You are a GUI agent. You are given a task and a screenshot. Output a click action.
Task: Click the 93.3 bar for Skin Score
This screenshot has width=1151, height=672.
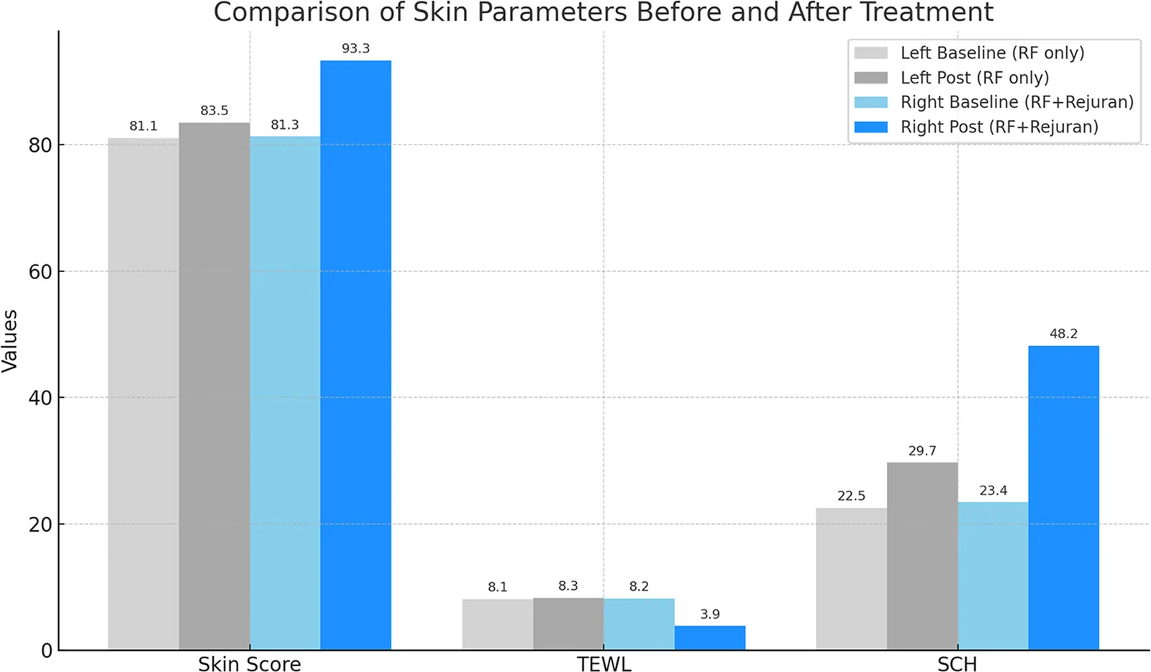355,355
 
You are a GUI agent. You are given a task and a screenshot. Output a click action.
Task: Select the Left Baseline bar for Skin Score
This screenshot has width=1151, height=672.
143,394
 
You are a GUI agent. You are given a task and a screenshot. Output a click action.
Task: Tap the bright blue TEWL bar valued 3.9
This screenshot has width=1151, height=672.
709,637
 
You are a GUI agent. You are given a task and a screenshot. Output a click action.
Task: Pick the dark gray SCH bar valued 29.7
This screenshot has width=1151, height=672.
922,556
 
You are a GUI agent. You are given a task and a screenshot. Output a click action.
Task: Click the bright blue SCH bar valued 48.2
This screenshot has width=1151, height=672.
1063,498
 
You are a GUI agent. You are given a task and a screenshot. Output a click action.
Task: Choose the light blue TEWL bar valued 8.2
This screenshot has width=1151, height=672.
639,625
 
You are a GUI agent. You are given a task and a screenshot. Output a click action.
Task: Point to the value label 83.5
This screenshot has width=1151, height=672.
214,111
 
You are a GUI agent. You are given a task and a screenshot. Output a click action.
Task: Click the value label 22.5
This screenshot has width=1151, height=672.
852,496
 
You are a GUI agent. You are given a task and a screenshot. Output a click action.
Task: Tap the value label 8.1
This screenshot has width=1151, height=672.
497,586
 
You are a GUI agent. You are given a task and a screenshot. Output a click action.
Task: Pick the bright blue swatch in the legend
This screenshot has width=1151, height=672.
870,127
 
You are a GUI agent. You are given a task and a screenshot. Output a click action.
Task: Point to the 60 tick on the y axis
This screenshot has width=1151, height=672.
40,272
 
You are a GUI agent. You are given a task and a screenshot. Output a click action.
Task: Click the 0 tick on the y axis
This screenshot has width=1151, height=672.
47,651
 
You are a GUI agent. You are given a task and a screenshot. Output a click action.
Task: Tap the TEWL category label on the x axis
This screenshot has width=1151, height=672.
604,664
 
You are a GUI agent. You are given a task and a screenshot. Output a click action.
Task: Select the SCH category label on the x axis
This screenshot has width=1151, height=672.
957,664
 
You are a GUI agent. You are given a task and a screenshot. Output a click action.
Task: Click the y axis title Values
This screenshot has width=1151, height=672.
10,340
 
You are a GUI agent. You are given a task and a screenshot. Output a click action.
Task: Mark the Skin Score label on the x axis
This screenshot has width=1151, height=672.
250,664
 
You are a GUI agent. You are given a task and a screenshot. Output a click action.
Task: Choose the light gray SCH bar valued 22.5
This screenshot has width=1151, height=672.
852,579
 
